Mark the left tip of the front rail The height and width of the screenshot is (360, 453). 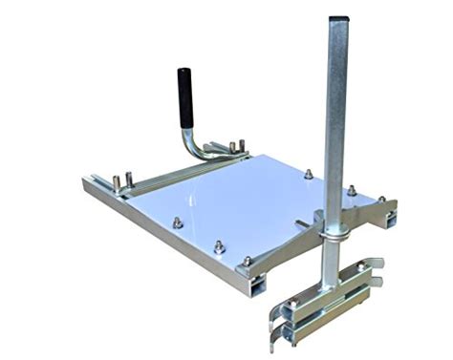click(89, 183)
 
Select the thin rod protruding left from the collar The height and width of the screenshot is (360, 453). click(304, 225)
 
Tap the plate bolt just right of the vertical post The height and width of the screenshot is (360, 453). click(352, 190)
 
